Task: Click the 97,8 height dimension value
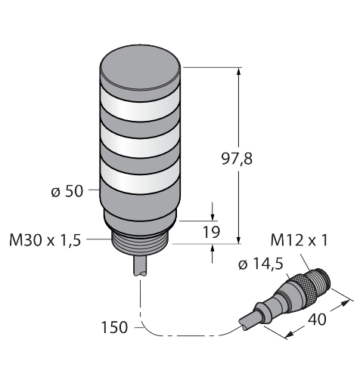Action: click(x=237, y=159)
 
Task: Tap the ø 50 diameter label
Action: click(x=67, y=192)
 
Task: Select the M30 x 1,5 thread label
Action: click(x=45, y=240)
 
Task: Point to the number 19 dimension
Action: click(x=211, y=232)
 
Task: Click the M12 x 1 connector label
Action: click(x=299, y=240)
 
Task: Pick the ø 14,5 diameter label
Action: click(x=261, y=264)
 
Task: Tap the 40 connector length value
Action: click(x=317, y=320)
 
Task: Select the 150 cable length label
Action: click(x=114, y=327)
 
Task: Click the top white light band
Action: click(x=140, y=109)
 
